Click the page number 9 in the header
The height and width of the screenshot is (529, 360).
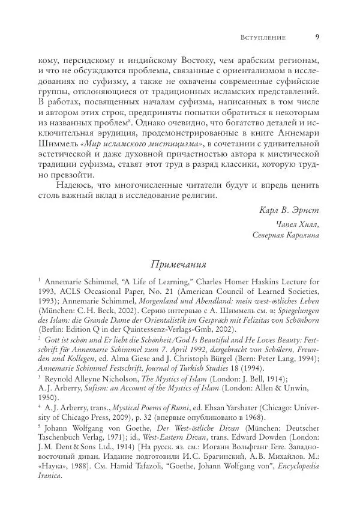coord(316,37)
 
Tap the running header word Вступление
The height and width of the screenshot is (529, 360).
coord(262,37)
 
